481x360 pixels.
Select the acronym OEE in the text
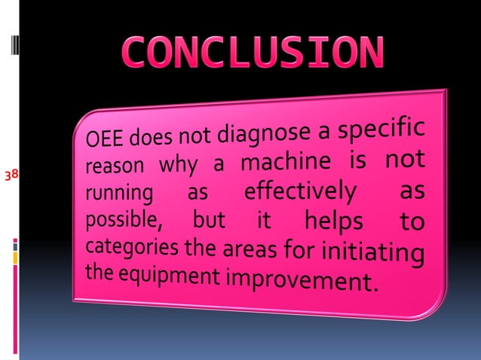click(104, 139)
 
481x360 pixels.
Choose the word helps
click(332, 222)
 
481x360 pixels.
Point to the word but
click(209, 221)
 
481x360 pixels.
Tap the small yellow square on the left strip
click(14, 258)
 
